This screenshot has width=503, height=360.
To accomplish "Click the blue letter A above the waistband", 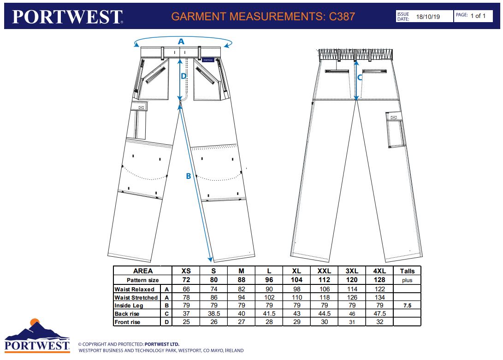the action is [181, 41].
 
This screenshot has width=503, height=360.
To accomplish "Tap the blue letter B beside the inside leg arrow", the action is [188, 176].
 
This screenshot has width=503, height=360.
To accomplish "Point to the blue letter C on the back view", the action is [360, 77].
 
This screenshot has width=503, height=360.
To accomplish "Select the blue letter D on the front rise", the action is [183, 76].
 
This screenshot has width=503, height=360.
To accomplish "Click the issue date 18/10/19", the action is [428, 17].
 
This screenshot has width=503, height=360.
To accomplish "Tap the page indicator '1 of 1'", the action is [478, 16].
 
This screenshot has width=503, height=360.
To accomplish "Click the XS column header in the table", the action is [186, 271].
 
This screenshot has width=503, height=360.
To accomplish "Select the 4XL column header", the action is [379, 271].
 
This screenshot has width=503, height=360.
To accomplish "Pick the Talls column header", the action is [407, 271].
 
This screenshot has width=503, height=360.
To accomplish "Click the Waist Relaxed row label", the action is [135, 289].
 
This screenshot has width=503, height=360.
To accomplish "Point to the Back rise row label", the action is [127, 313].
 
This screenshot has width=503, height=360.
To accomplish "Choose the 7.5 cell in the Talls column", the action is [407, 306].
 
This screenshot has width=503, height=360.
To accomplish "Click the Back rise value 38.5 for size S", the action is [214, 313].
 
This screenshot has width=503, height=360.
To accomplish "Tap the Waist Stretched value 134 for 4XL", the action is [379, 297].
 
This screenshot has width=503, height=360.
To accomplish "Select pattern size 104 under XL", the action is [297, 280].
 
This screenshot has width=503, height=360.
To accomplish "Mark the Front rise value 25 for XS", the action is [186, 322].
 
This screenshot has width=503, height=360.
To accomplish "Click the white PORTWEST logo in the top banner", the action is [67, 17].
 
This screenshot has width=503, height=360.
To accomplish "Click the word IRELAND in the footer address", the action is [234, 350].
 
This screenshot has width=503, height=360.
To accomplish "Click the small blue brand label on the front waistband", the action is [208, 60].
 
